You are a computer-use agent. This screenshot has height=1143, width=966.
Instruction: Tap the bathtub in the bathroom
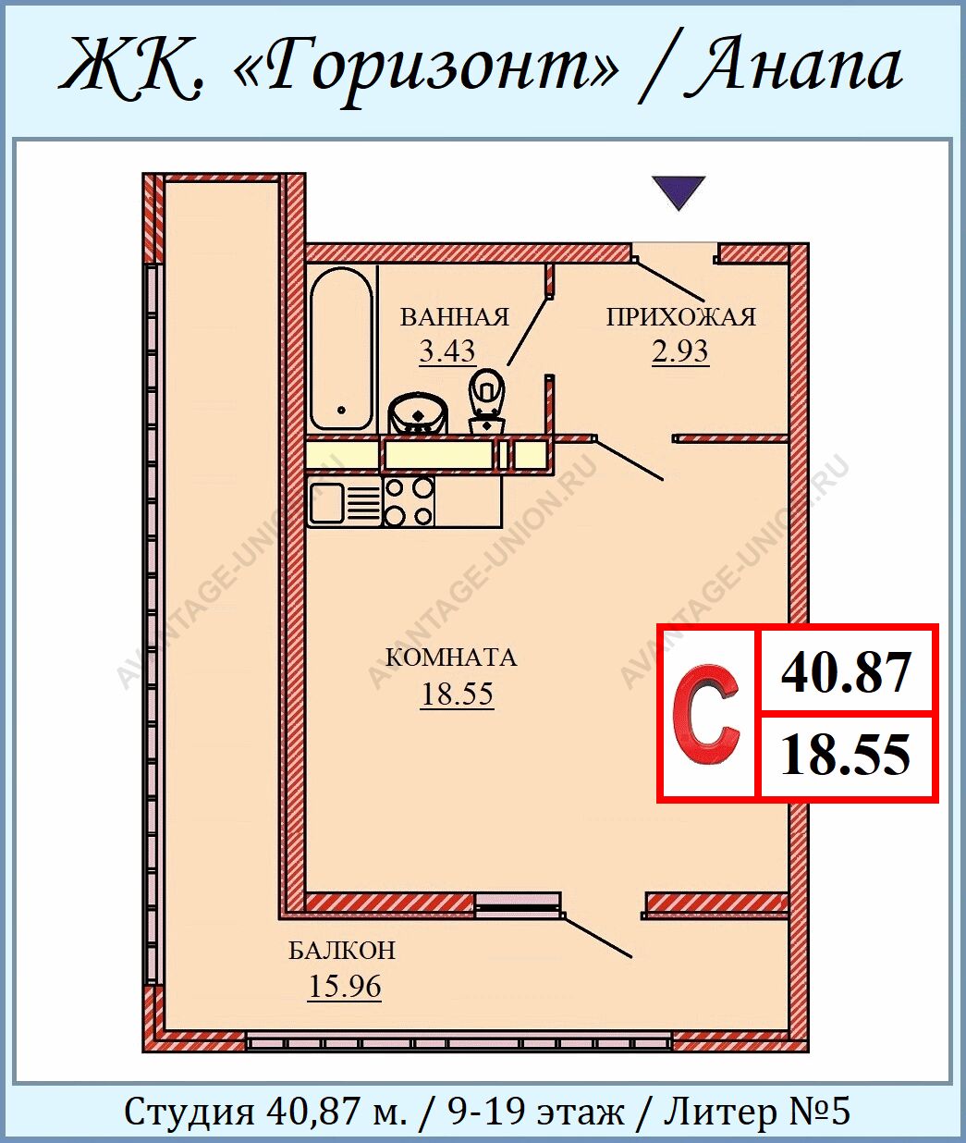click(x=341, y=349)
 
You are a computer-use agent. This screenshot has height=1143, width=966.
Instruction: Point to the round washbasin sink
click(x=418, y=413)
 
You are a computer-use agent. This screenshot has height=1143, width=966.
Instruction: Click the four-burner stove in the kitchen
click(x=409, y=502)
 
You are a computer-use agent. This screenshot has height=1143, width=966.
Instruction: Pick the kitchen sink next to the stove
click(x=344, y=502)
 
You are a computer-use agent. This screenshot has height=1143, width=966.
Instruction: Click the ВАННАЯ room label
click(x=454, y=317)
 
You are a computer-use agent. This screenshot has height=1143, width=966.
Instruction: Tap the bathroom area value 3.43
click(x=447, y=351)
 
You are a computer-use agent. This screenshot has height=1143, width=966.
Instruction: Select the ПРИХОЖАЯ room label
click(x=681, y=317)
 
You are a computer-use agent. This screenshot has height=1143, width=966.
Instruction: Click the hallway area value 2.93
click(x=679, y=351)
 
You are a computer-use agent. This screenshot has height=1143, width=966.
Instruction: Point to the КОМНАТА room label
click(x=451, y=658)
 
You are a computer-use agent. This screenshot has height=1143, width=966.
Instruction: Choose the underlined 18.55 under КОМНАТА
click(x=457, y=694)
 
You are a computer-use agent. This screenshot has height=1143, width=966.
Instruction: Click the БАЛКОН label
click(x=342, y=951)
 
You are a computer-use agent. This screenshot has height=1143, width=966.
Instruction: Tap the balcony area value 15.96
click(x=345, y=987)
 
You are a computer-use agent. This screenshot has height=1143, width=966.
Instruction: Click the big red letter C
click(x=705, y=713)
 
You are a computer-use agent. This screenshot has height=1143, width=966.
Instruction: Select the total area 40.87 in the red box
click(x=846, y=672)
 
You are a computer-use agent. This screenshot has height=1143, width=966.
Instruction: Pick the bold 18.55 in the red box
click(x=845, y=755)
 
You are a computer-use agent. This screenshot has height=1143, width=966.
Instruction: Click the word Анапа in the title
click(x=793, y=66)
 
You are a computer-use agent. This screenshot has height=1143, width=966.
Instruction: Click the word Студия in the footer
click(x=189, y=1111)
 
